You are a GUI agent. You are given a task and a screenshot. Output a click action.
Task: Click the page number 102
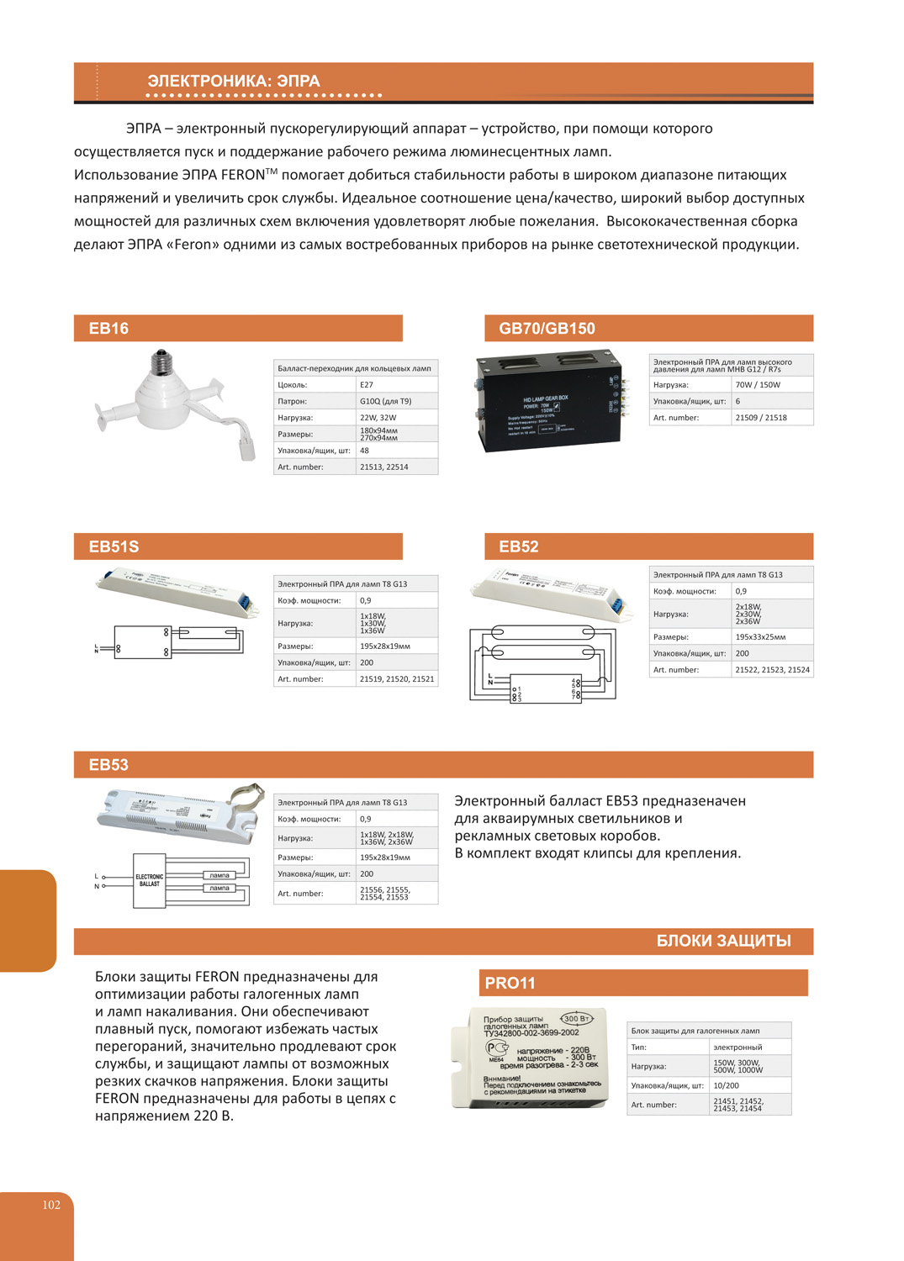point(51,1205)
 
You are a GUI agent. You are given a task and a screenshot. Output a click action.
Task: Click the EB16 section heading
point(108,329)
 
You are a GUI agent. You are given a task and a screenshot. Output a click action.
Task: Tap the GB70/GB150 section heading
point(547,329)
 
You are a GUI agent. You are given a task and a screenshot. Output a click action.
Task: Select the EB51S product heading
point(114,546)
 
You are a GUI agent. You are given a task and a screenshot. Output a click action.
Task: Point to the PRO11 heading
point(510,983)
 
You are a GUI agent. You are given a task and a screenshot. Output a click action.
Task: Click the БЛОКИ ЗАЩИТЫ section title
point(723,941)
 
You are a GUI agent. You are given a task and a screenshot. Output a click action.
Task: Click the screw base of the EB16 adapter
point(164,364)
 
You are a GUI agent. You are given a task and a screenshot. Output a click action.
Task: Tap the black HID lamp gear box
point(547,402)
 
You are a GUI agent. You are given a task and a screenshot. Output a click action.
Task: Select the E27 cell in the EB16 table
point(367,385)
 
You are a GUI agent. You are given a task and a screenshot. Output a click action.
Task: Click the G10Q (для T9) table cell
point(385,401)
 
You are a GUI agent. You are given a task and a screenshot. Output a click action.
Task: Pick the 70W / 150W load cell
point(758,385)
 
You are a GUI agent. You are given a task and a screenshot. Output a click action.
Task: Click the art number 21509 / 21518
point(761,418)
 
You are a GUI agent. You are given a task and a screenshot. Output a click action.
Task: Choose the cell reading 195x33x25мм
point(760,637)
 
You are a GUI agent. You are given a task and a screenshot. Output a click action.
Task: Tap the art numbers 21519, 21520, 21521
point(397,679)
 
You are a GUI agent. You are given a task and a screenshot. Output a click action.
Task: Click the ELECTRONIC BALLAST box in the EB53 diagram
point(149,880)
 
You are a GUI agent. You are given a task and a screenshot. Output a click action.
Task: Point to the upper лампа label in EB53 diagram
point(219,875)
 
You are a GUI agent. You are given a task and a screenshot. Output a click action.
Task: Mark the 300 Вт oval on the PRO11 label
point(577,1019)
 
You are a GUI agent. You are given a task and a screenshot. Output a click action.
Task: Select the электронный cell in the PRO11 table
point(737,1047)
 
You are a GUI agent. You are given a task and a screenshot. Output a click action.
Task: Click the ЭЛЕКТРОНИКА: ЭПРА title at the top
point(234,82)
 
